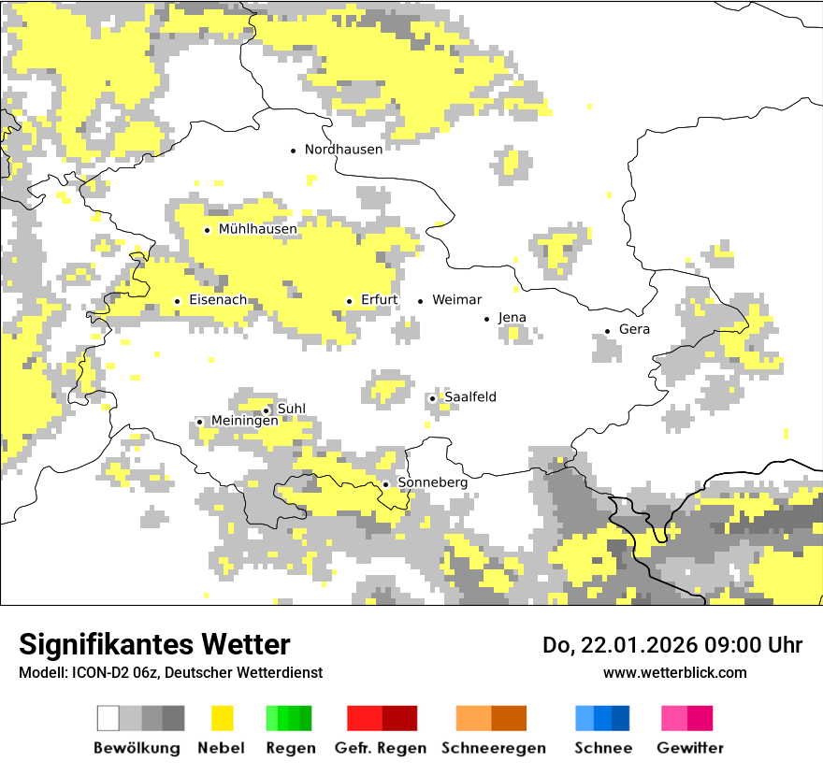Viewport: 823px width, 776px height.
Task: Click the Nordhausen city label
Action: tap(343, 150)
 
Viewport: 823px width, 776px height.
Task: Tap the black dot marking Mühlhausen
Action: tap(208, 230)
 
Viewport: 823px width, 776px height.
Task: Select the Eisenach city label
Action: tap(217, 300)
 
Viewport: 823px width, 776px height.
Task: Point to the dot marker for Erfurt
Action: tap(350, 301)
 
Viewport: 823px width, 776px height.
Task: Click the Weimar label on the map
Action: tap(456, 300)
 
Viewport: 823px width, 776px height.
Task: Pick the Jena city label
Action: tap(512, 318)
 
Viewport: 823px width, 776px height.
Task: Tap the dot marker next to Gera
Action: tap(608, 331)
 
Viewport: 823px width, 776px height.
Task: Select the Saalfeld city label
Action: tap(469, 397)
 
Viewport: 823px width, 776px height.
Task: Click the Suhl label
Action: tap(292, 409)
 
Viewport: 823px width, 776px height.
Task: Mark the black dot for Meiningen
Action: tap(200, 422)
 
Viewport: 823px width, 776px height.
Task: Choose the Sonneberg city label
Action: tap(432, 482)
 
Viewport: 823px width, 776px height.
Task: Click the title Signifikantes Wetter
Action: tap(154, 644)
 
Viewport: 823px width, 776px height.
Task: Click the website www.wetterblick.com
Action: tap(674, 673)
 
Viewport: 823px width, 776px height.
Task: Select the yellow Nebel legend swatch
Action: tap(222, 718)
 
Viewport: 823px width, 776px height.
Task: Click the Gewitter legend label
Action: tap(689, 748)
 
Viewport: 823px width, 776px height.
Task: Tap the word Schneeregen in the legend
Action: tap(493, 748)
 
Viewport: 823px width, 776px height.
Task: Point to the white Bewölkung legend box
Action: tap(108, 718)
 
